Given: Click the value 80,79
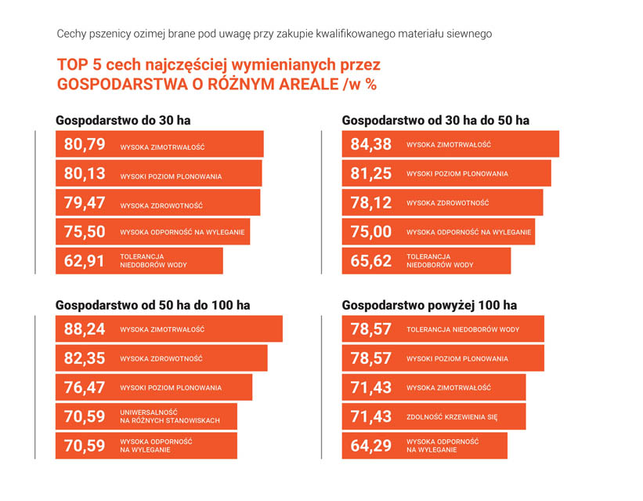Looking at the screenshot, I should point(85,145).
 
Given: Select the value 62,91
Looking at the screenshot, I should point(85,261).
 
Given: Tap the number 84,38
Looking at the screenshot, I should point(371,145).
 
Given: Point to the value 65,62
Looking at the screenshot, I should point(371,261).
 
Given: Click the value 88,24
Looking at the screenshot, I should point(85,329).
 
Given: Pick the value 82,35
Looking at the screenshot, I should point(85,358).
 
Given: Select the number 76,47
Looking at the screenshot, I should point(85,387).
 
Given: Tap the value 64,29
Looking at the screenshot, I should point(371,445).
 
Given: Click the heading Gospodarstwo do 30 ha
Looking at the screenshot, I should point(123,121).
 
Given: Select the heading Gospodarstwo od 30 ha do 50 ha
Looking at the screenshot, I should point(435,121).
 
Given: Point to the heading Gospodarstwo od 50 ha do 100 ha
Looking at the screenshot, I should point(153,305).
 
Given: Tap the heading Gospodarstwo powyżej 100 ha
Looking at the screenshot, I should point(429,305).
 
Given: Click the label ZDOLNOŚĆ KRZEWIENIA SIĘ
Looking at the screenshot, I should point(452,417).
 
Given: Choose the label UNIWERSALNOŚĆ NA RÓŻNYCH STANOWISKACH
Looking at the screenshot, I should point(169,416).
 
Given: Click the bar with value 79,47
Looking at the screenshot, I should point(157,203).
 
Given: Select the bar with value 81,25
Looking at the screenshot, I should point(446,174).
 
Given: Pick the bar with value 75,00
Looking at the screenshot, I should point(439,232).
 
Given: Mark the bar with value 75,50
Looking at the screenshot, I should point(153,232).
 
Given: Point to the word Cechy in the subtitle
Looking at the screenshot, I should point(71,34).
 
